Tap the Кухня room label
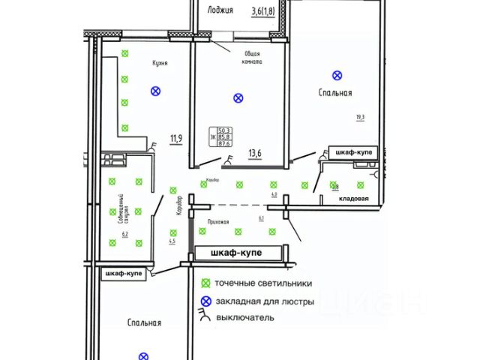[x=158, y=64]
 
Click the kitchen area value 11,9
[x=176, y=138]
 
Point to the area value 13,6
[x=255, y=155]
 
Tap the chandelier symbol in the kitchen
[x=155, y=91]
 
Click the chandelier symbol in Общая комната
[x=238, y=97]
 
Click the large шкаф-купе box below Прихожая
[x=235, y=253]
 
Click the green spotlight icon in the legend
[x=205, y=283]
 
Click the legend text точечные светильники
[x=263, y=283]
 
